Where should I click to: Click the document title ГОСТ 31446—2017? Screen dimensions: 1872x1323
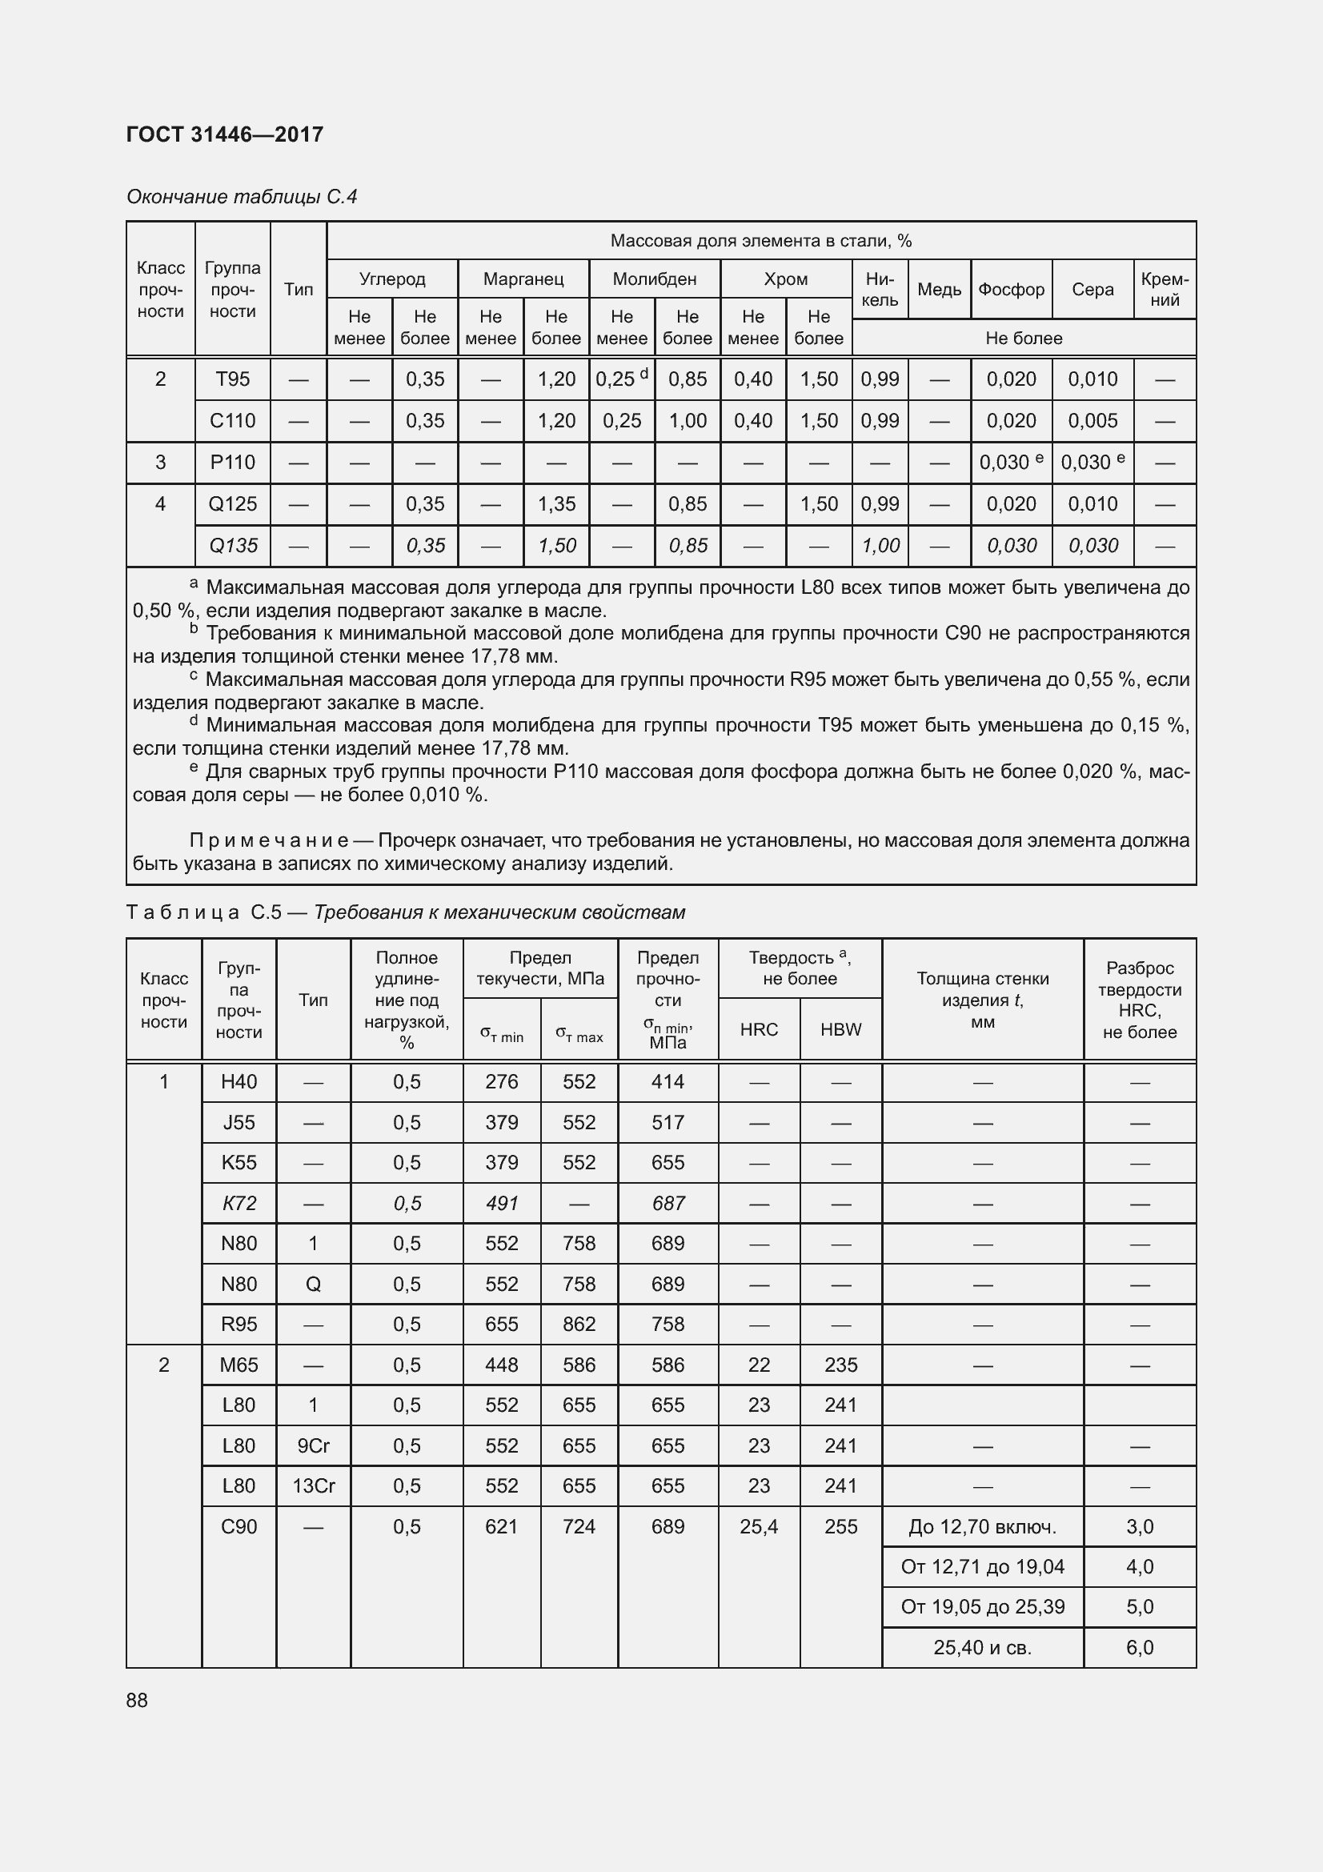pyautogui.click(x=225, y=134)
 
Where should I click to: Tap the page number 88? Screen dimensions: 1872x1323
pyautogui.click(x=137, y=1700)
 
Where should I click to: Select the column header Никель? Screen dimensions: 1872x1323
pyautogui.click(x=880, y=290)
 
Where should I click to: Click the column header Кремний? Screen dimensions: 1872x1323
pyautogui.click(x=1165, y=290)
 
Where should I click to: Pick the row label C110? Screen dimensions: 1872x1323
pyautogui.click(x=232, y=421)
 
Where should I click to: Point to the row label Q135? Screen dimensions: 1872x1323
pyautogui.click(x=232, y=546)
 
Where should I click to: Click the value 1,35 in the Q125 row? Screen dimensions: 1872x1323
pyautogui.click(x=556, y=504)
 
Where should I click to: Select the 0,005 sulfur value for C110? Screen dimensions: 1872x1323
pyautogui.click(x=1092, y=421)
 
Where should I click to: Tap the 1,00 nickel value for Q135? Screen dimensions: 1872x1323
pyautogui.click(x=880, y=546)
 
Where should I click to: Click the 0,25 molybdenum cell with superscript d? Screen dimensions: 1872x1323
pyautogui.click(x=621, y=379)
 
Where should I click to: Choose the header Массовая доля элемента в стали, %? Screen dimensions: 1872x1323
pyautogui.click(x=760, y=241)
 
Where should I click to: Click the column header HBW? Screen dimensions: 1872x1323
pyautogui.click(x=840, y=1029)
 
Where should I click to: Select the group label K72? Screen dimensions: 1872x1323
pyautogui.click(x=239, y=1204)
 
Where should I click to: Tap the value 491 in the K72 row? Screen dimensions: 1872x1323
pyautogui.click(x=501, y=1204)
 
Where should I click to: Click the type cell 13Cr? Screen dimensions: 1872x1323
pyautogui.click(x=313, y=1485)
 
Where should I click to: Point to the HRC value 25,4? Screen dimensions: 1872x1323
pyautogui.click(x=759, y=1526)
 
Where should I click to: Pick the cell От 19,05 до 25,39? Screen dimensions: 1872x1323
pyautogui.click(x=982, y=1607)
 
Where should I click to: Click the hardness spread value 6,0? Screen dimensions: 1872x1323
pyautogui.click(x=1140, y=1648)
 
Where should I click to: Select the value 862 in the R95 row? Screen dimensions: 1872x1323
pyautogui.click(x=579, y=1324)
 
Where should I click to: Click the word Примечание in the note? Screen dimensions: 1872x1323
pyautogui.click(x=269, y=840)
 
